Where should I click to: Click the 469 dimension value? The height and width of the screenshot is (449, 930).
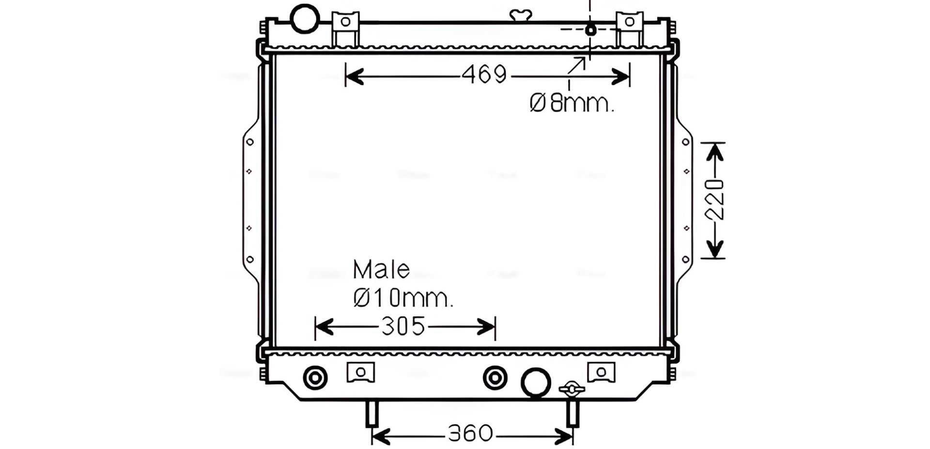coord(484,75)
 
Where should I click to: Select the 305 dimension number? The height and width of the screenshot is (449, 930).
coord(403,326)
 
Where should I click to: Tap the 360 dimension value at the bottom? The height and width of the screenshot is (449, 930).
coord(470,434)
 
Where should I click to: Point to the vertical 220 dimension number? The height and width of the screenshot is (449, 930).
coord(715,199)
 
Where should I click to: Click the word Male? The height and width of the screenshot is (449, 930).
coord(381,269)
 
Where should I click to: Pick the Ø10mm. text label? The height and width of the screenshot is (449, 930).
coord(403,298)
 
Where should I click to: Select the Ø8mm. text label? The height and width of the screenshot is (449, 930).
coord(572,103)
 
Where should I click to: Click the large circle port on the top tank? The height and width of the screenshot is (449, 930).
coord(305,18)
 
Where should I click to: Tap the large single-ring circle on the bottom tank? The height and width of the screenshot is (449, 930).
coord(536,382)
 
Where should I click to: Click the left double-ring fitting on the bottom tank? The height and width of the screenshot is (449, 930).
coord(315,378)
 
